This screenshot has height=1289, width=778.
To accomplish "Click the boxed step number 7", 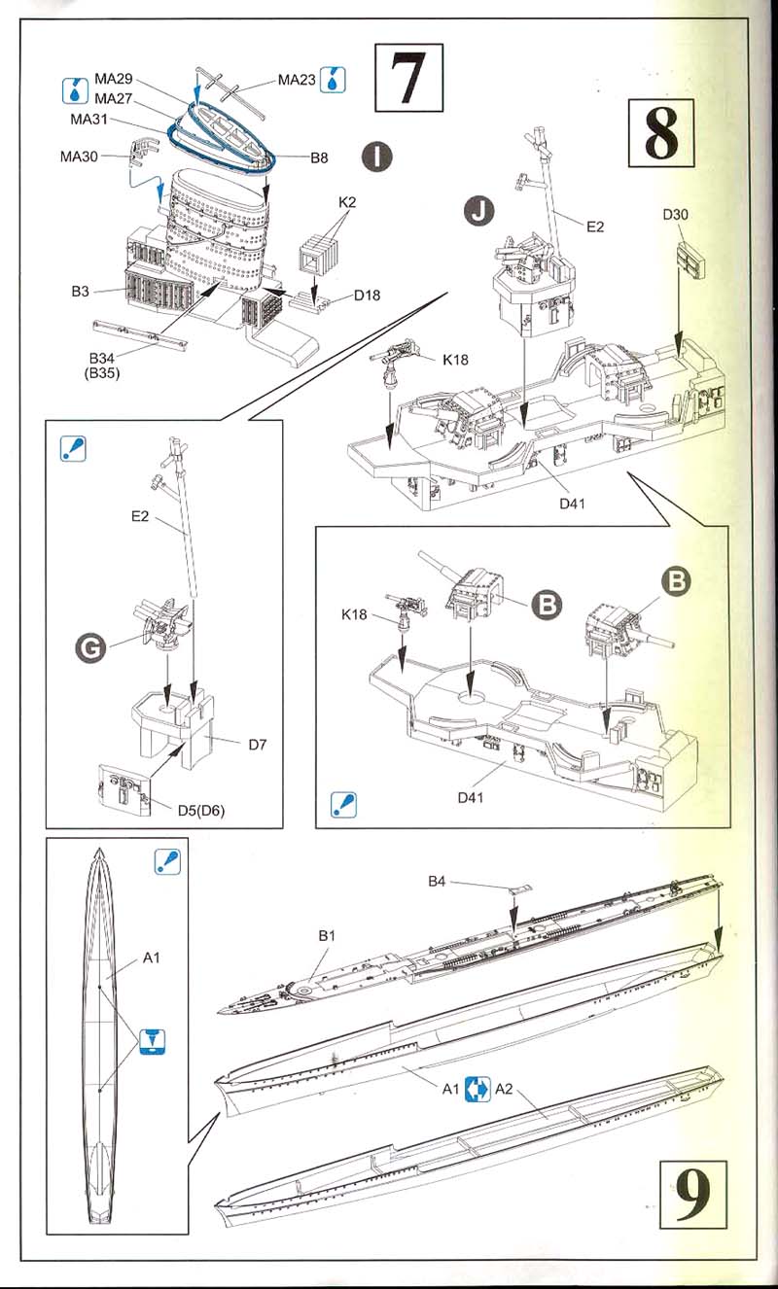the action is (408, 78).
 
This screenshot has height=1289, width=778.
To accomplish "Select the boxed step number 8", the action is (661, 133).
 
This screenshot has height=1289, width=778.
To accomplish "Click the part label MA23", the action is (297, 80).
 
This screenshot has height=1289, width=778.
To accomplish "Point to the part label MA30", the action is (79, 157).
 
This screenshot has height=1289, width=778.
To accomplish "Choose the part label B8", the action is (319, 157).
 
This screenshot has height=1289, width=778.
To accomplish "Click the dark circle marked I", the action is (377, 157).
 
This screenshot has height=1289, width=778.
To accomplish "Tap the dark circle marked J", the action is (479, 211).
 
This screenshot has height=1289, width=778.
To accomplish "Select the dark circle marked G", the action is (90, 648).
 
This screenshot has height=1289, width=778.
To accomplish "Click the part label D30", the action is (675, 215).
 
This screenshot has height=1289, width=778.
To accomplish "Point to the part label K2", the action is (347, 202).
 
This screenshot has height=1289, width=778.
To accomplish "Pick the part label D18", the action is (367, 296).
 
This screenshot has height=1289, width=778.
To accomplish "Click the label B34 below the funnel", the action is (101, 359).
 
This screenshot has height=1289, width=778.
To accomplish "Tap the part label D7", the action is (258, 745).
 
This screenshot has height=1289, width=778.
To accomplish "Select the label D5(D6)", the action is (201, 811).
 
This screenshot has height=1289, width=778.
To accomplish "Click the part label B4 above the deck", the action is (437, 881).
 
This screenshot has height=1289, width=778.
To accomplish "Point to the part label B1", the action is (327, 936).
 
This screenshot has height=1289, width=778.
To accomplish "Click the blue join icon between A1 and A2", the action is (477, 1089).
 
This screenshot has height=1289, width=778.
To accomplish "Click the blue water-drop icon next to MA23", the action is (333, 80).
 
